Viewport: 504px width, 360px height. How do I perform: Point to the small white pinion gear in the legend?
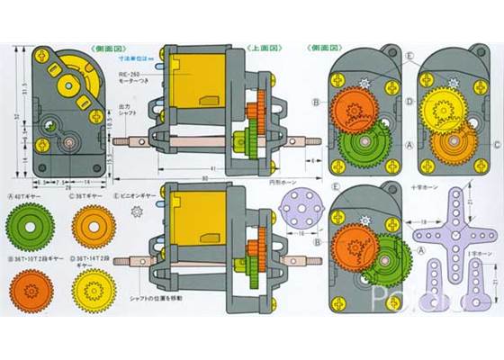tap(137, 212)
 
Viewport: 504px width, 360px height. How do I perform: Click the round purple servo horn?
tap(289, 213)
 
